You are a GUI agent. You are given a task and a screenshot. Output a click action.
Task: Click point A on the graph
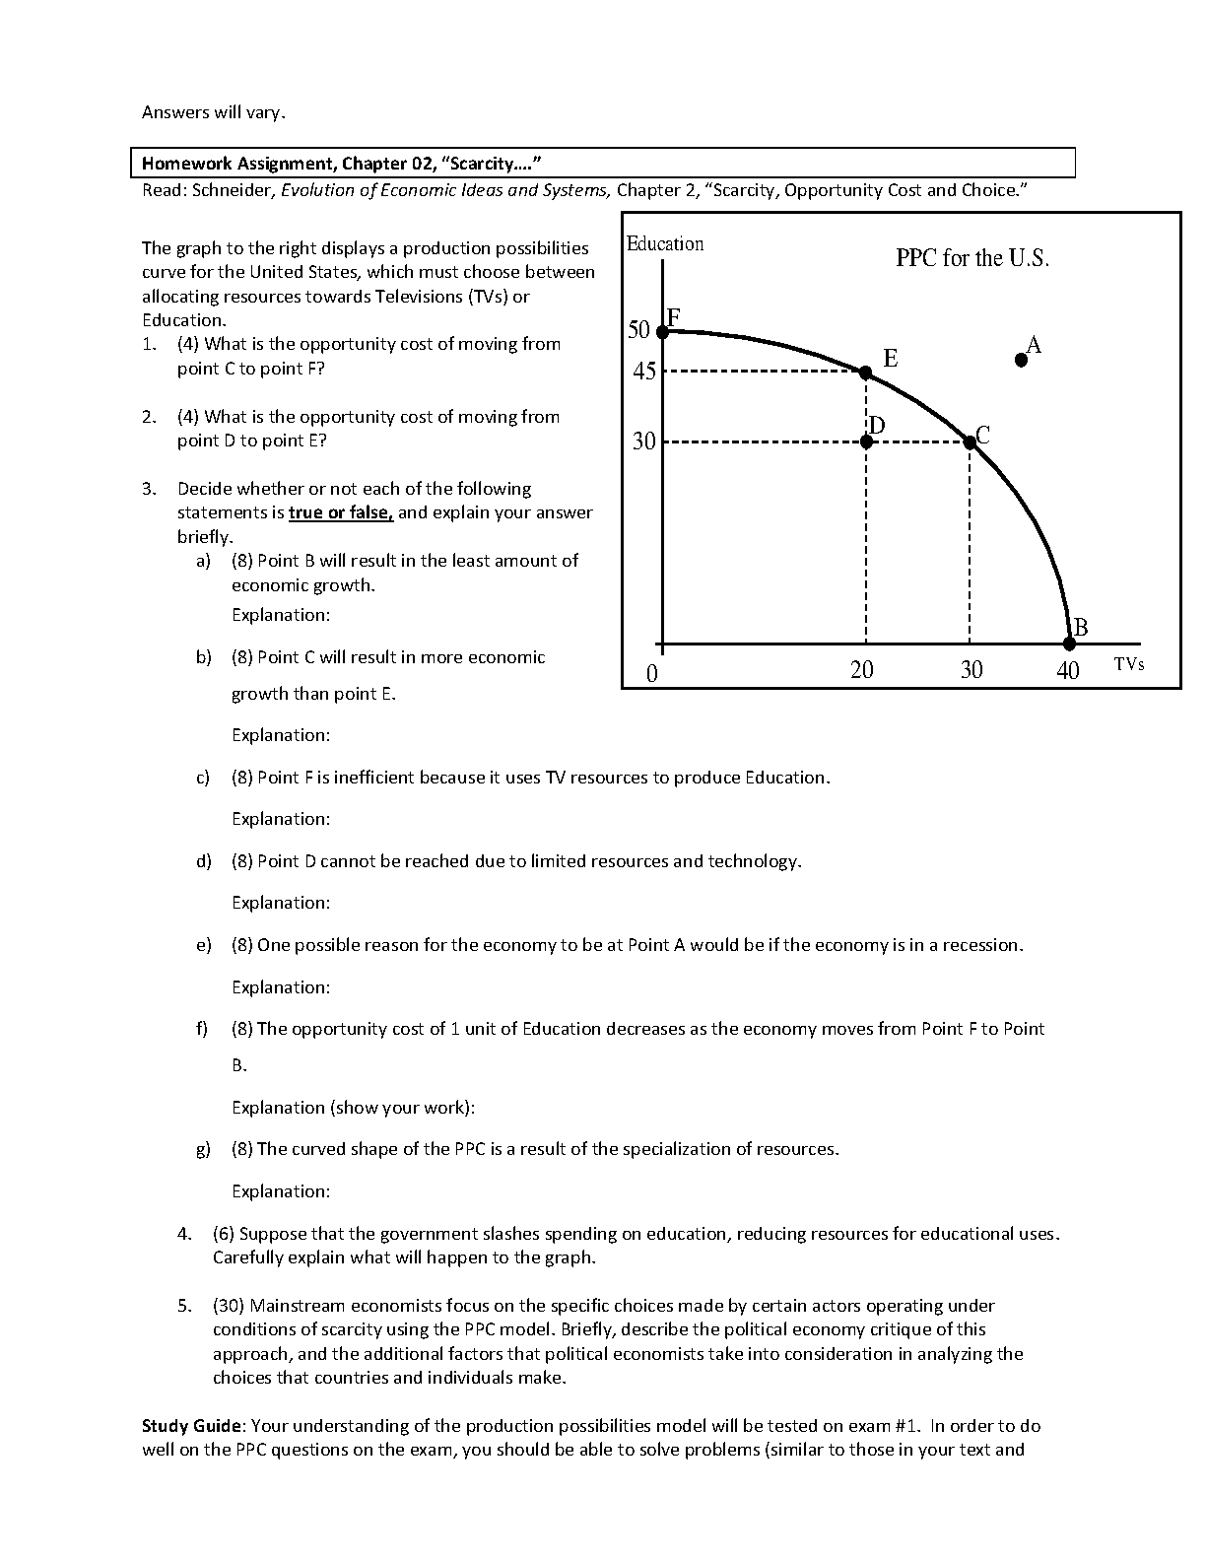1022,361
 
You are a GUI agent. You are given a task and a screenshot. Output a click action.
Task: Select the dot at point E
865,373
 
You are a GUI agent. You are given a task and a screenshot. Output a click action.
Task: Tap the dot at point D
866,441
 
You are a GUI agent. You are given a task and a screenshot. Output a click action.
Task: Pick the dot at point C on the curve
970,441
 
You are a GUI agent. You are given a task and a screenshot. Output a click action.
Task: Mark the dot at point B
1070,644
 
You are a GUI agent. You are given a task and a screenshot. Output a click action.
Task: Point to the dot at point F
663,331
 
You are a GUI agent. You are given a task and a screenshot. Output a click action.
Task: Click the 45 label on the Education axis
644,372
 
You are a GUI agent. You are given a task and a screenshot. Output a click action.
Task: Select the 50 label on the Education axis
639,330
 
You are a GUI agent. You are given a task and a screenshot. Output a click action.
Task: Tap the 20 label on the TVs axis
862,670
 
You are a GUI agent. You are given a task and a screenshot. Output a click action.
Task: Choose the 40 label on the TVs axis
1068,671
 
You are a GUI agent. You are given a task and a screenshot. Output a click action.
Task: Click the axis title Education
665,243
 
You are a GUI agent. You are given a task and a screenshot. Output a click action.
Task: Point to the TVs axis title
1129,664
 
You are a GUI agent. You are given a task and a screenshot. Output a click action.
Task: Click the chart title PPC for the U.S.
972,258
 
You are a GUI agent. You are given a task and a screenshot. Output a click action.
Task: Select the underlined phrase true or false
341,512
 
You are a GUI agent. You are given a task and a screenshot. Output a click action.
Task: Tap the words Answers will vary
214,112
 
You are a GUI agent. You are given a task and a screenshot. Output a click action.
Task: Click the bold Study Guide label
191,1426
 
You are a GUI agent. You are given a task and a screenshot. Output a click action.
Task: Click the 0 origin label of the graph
651,674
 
